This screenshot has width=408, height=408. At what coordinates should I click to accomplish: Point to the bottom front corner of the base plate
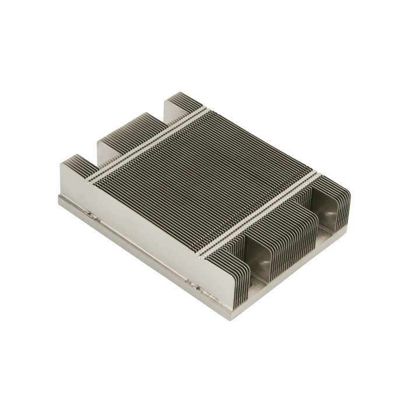click(x=221, y=315)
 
